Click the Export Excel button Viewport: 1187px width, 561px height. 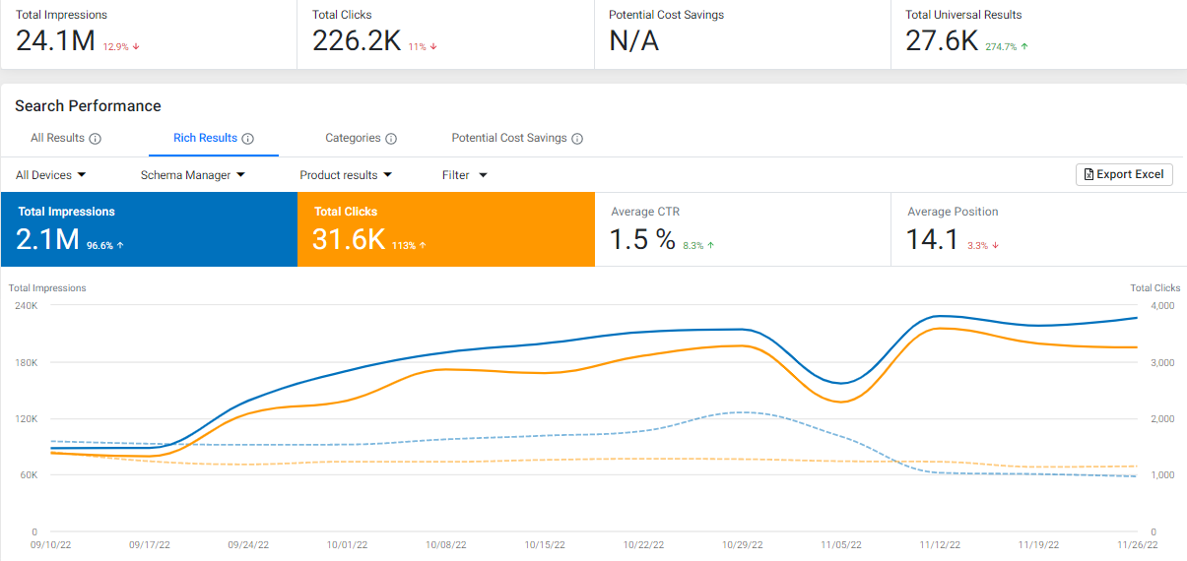pos(1124,174)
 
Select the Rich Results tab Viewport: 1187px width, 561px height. pos(205,139)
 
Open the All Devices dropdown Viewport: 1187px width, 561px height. pos(51,175)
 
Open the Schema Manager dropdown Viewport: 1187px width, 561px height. pos(192,175)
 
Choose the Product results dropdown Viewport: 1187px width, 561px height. pos(346,175)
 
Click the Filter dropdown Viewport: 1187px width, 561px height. pos(464,175)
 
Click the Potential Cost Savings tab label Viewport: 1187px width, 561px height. pos(509,139)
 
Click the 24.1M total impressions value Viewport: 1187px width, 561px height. pos(55,41)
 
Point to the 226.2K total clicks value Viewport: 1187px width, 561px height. pos(357,41)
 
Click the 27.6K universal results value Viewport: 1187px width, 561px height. pos(942,41)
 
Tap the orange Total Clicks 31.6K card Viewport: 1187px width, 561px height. pos(445,229)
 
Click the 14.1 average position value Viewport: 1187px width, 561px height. pos(932,239)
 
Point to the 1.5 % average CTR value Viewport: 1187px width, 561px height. pos(642,239)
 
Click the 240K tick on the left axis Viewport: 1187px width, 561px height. pos(25,306)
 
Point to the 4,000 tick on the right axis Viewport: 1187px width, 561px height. pos(1163,306)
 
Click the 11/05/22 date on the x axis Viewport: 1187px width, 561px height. pos(841,544)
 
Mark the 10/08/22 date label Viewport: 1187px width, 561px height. pos(445,544)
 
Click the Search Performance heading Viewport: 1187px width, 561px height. pos(88,106)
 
